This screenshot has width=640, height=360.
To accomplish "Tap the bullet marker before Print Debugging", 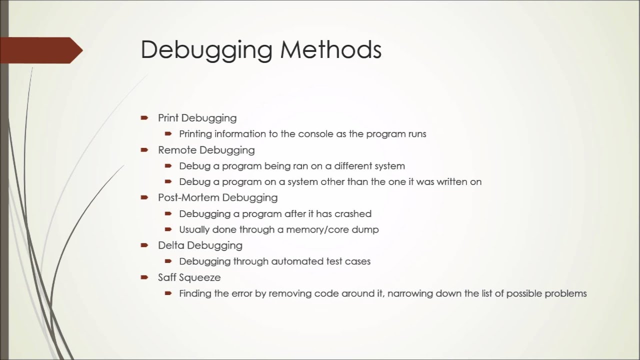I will coord(144,118).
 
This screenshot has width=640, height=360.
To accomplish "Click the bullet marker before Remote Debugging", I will coord(144,150).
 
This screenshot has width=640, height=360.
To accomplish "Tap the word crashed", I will coord(352,213).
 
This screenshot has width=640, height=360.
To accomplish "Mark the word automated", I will coord(291,261).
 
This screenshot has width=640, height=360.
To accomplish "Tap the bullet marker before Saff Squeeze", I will coord(144,277).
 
